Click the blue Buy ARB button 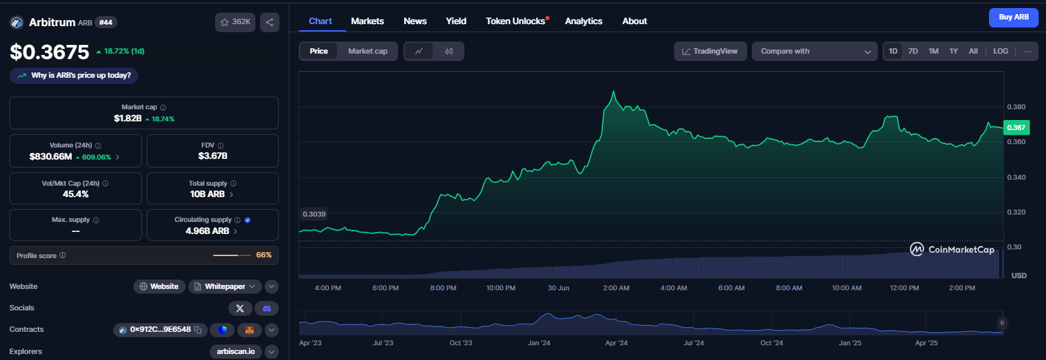(x=1013, y=17)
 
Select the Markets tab (x=367, y=21)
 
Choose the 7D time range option (x=913, y=51)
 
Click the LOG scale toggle (x=1000, y=51)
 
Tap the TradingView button (x=710, y=52)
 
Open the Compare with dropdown (x=814, y=52)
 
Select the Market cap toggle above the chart (x=367, y=52)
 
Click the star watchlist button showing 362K (x=235, y=22)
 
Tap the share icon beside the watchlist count (x=269, y=22)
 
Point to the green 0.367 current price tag (x=1016, y=127)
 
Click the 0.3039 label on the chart (x=314, y=214)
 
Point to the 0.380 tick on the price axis (x=1016, y=107)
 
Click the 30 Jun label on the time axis (x=558, y=288)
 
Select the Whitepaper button (x=225, y=286)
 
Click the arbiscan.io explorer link (x=236, y=351)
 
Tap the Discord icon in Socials (x=267, y=308)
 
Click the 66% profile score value (x=264, y=255)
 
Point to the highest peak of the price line (x=614, y=92)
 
